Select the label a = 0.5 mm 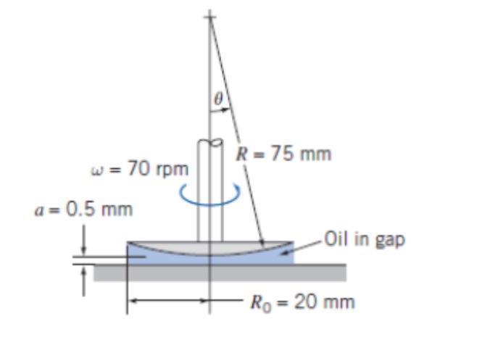click(x=84, y=209)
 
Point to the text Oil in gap click(x=364, y=238)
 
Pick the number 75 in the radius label click(x=283, y=154)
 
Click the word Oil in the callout click(x=336, y=238)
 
